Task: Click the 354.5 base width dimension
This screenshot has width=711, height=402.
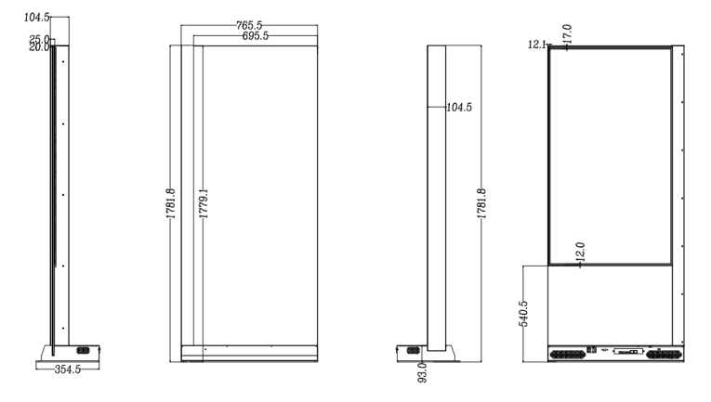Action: coord(68,370)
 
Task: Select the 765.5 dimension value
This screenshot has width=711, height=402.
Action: coord(249,25)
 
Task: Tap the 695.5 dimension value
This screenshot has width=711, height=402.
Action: coord(256,36)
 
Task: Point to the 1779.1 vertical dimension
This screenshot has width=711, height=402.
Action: coord(204,203)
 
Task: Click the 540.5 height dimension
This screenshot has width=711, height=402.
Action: coord(523,314)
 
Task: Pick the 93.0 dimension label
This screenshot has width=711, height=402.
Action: coord(422,372)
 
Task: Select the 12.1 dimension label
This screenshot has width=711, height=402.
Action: coord(537,45)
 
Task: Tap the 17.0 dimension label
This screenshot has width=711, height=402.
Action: coord(567,33)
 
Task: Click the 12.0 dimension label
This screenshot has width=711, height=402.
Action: coord(580,252)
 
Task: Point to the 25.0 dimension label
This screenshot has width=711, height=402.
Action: coord(39,39)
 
